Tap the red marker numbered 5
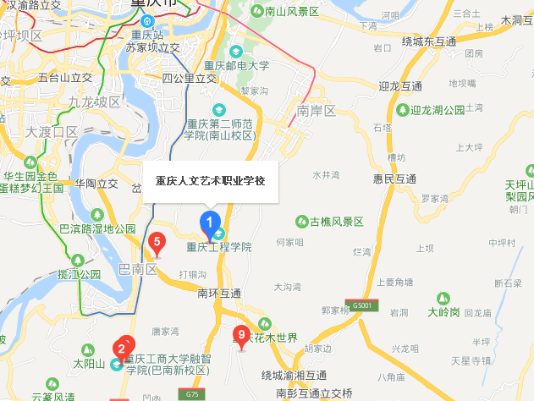pyautogui.click(x=156, y=244)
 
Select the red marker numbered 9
pyautogui.click(x=241, y=335)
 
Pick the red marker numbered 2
pyautogui.click(x=122, y=347)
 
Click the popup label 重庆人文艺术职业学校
pyautogui.click(x=210, y=181)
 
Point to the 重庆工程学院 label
pyautogui.click(x=219, y=248)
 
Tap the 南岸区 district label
pyautogui.click(x=317, y=111)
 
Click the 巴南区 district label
pyautogui.click(x=139, y=270)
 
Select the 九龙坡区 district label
pyautogui.click(x=95, y=102)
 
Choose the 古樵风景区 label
pyautogui.click(x=336, y=222)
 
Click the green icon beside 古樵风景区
pyautogui.click(x=301, y=222)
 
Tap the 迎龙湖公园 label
pyautogui.click(x=438, y=110)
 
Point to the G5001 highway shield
pyautogui.click(x=362, y=305)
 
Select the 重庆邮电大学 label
pyautogui.click(x=240, y=65)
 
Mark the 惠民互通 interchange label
pyautogui.click(x=395, y=179)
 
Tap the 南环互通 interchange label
pyautogui.click(x=219, y=294)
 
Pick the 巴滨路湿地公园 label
pyautogui.click(x=97, y=229)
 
